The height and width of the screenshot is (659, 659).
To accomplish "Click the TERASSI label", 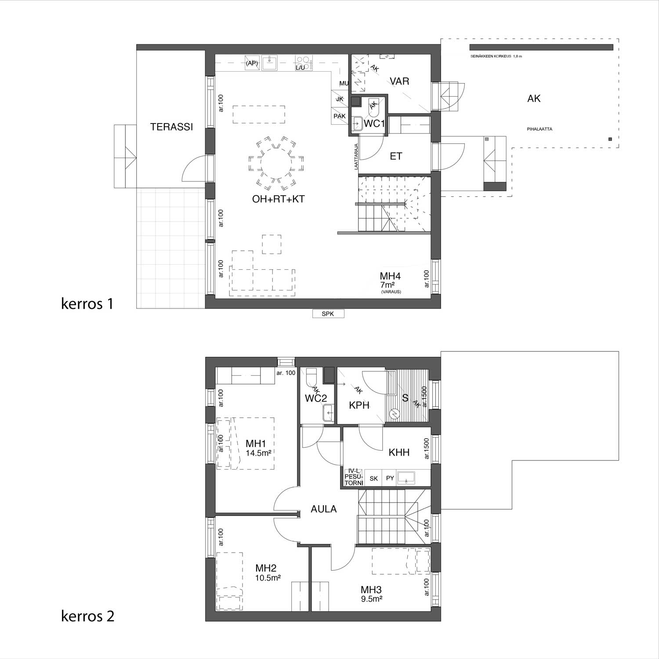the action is (x=171, y=127).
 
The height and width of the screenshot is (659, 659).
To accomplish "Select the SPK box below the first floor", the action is (x=328, y=314).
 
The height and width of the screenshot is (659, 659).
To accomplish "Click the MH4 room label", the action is (x=391, y=276).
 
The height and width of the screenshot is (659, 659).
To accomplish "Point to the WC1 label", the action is (x=374, y=124).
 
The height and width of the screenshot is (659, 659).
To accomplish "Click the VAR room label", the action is (x=399, y=81).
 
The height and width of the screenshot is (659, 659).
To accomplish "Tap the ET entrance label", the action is (x=396, y=156).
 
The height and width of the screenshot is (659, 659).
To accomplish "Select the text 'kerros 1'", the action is (x=87, y=304).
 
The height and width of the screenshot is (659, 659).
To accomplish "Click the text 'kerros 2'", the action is (x=87, y=616).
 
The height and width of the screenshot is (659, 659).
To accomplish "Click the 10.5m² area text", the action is (x=268, y=578).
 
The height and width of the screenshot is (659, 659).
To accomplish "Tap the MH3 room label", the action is (x=371, y=590).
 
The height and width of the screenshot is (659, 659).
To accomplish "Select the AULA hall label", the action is (x=324, y=509).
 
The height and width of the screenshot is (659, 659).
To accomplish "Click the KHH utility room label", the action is (x=399, y=452).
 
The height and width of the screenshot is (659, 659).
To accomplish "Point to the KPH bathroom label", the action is (x=359, y=406).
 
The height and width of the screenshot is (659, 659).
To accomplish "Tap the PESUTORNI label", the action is (x=354, y=477).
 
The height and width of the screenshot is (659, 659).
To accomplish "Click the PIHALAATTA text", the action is (x=540, y=129).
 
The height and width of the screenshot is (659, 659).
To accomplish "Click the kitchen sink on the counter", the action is (x=269, y=63).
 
